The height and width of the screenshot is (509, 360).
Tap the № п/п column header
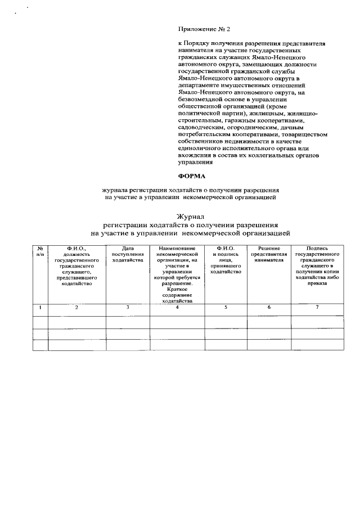[40, 251]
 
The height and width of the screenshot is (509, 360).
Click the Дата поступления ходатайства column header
[128, 254]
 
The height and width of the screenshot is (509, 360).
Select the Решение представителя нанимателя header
[269, 254]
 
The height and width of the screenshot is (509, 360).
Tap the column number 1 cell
[40, 307]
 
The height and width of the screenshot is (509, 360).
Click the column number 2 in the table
[76, 307]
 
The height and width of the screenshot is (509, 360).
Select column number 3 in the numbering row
[128, 307]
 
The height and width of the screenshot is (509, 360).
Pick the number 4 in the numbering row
[177, 307]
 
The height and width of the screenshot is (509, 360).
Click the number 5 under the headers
[226, 307]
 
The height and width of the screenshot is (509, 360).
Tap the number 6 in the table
[269, 307]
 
